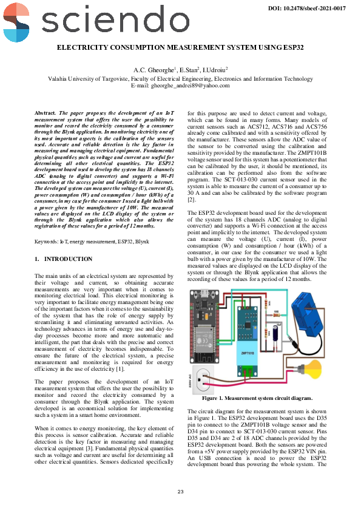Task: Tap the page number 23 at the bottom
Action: point(180,492)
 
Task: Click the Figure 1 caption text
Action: point(257,398)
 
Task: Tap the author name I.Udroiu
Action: point(215,70)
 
